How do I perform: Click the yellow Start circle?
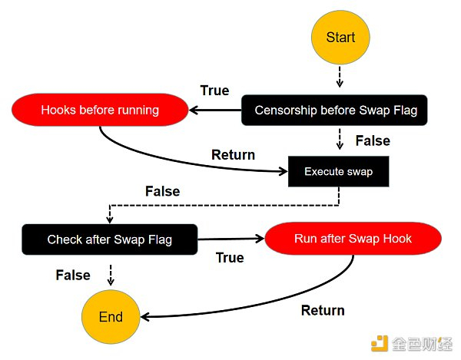pyautogui.click(x=340, y=38)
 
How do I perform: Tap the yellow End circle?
pyautogui.click(x=111, y=317)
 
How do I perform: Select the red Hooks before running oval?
pyautogui.click(x=100, y=110)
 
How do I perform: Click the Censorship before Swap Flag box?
pyautogui.click(x=335, y=110)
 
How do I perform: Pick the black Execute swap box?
pyautogui.click(x=338, y=171)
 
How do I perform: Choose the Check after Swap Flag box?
pyautogui.click(x=110, y=239)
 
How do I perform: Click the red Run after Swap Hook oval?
pyautogui.click(x=353, y=239)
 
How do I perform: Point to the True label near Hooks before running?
pyautogui.click(x=214, y=91)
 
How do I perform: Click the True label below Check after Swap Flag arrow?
pyautogui.click(x=230, y=258)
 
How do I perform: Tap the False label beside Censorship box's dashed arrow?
pyautogui.click(x=373, y=140)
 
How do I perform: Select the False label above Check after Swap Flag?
pyautogui.click(x=163, y=191)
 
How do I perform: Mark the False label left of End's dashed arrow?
pyautogui.click(x=73, y=275)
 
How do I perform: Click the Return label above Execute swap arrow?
pyautogui.click(x=233, y=154)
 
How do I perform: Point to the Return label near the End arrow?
pyautogui.click(x=323, y=310)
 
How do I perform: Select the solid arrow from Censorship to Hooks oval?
pyautogui.click(x=216, y=110)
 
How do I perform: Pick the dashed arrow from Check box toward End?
pyautogui.click(x=111, y=275)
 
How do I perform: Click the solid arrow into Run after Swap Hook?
pyautogui.click(x=230, y=239)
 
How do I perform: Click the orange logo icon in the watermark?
pyautogui.click(x=380, y=342)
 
